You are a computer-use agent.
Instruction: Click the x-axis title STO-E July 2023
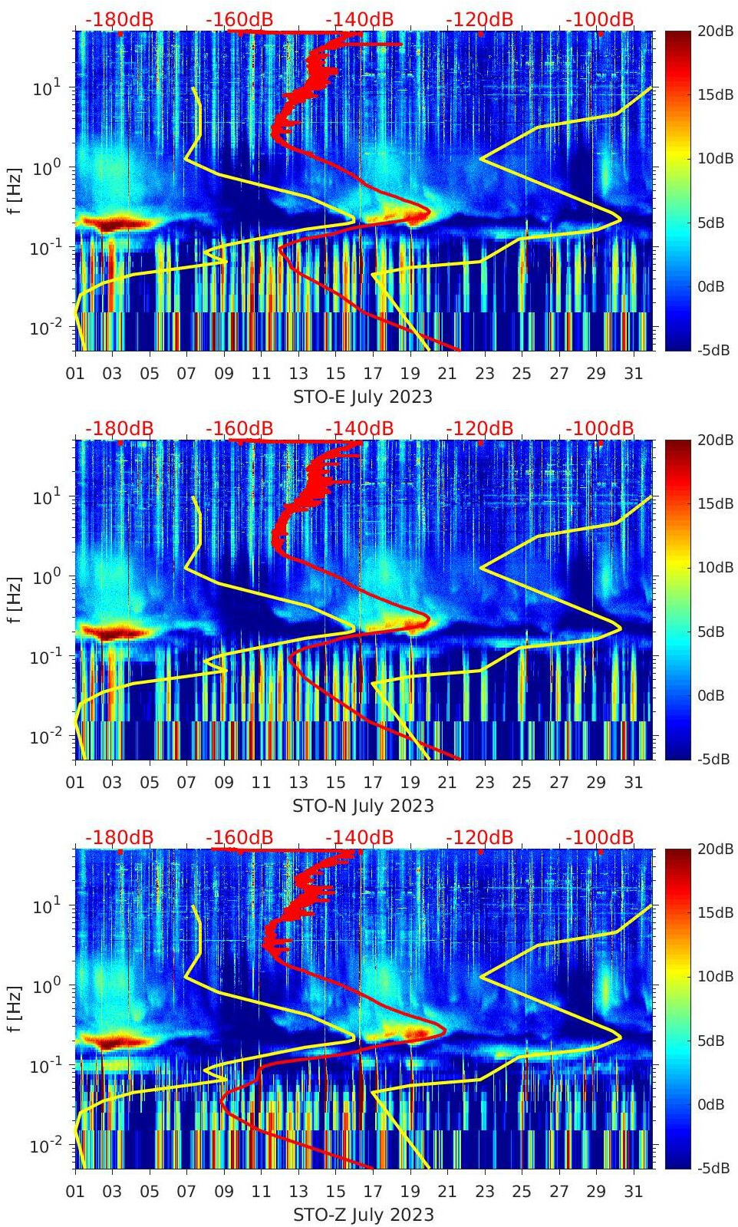tap(363, 397)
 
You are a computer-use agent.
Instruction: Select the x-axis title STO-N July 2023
tap(363, 806)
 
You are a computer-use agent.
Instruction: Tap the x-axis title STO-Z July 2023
tap(363, 1215)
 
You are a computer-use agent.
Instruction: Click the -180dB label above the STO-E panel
tap(119, 19)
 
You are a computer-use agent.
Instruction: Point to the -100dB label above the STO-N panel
tap(600, 428)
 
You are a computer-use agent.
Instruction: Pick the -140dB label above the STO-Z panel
tap(359, 837)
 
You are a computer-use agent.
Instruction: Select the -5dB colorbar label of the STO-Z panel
tap(713, 1168)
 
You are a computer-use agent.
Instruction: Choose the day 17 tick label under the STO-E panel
tap(373, 374)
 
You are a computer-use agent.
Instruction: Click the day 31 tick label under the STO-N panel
tap(633, 783)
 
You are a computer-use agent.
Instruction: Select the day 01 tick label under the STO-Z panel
tap(75, 1192)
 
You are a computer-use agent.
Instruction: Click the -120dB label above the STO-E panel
tap(479, 19)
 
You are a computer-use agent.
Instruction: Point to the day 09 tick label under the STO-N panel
tap(224, 783)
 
